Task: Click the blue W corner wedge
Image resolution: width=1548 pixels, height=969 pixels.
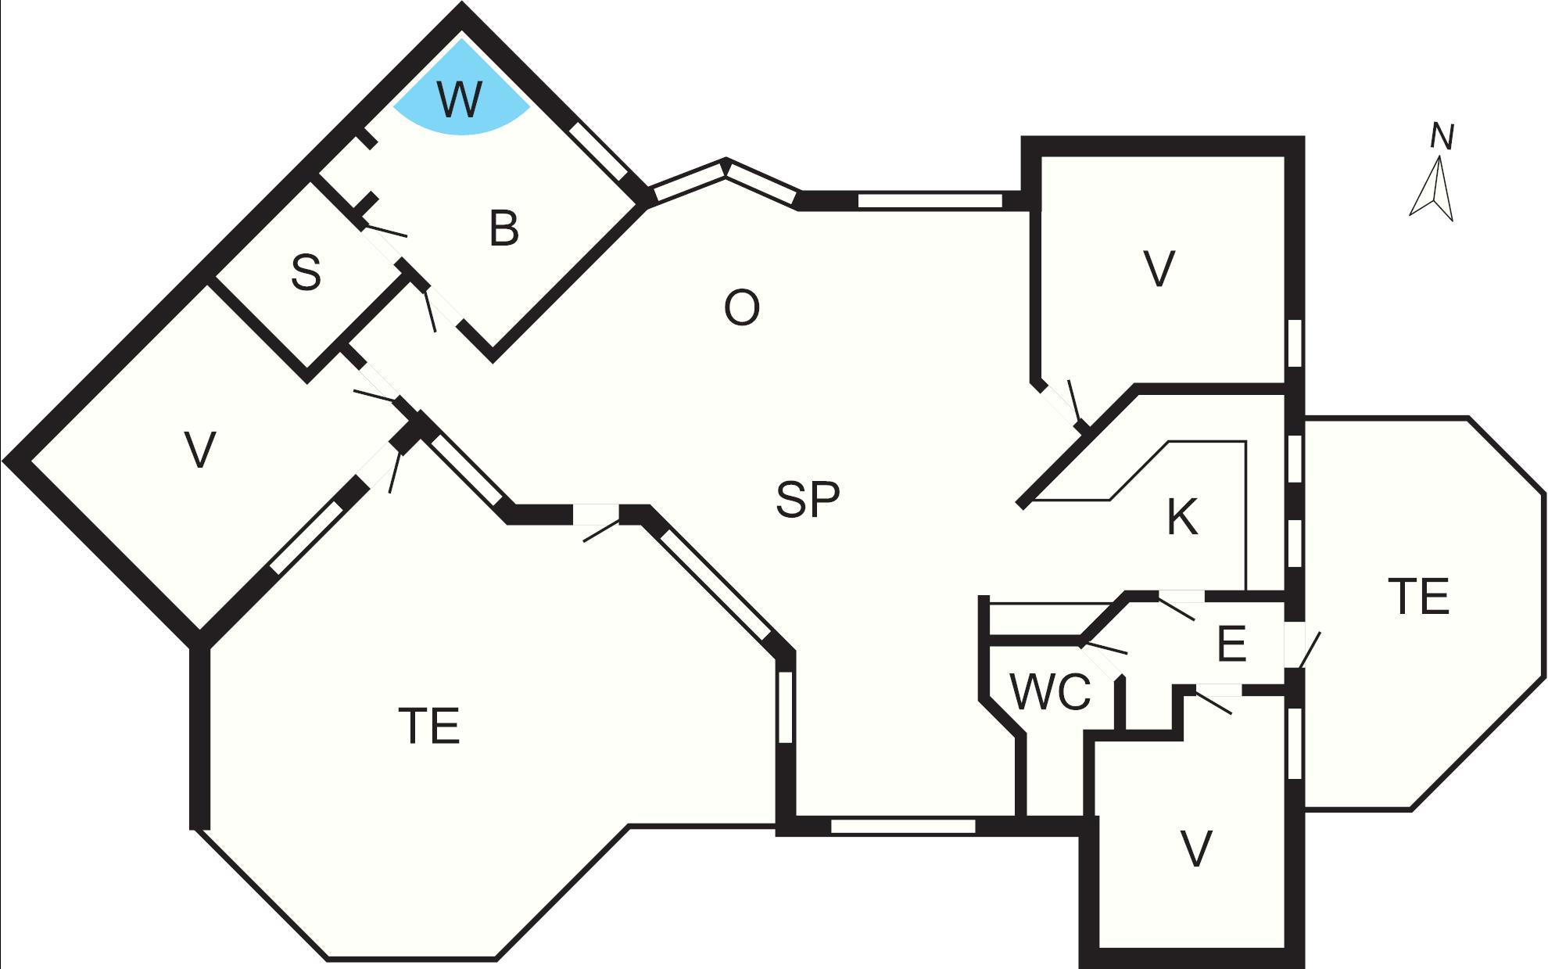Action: coord(461,94)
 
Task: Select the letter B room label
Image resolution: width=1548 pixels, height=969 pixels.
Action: coord(504,228)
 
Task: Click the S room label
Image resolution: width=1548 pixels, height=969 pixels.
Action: coord(306,272)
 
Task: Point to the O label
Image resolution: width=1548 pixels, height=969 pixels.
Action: coord(741,308)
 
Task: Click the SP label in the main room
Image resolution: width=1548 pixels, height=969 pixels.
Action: coord(808,499)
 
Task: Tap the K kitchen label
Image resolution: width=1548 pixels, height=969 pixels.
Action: coord(1182,517)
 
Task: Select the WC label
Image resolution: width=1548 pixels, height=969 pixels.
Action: coord(1050,692)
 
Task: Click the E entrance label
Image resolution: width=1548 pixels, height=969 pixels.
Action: coord(1231,644)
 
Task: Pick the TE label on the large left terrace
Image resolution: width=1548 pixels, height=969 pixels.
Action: coord(429,726)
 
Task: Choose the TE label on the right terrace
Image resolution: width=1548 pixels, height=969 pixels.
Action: coord(1420,596)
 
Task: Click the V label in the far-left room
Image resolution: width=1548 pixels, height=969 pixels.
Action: coord(201,450)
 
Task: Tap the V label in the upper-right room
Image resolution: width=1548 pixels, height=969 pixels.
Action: coord(1159,269)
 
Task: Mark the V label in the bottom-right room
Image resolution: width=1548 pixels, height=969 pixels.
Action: coord(1195,849)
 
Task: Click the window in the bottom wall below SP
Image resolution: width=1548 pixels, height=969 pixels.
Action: coord(903,826)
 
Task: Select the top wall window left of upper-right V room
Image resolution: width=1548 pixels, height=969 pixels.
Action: coord(930,201)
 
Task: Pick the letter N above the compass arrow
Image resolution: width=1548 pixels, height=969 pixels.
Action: coord(1442,136)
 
